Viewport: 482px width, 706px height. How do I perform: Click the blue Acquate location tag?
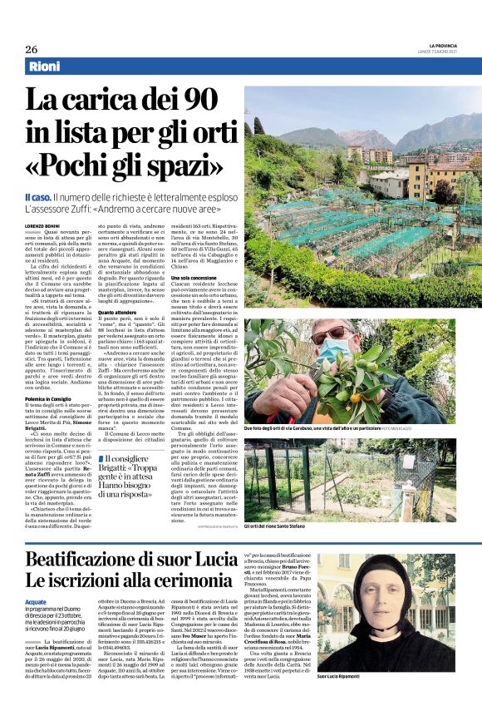[36, 600]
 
